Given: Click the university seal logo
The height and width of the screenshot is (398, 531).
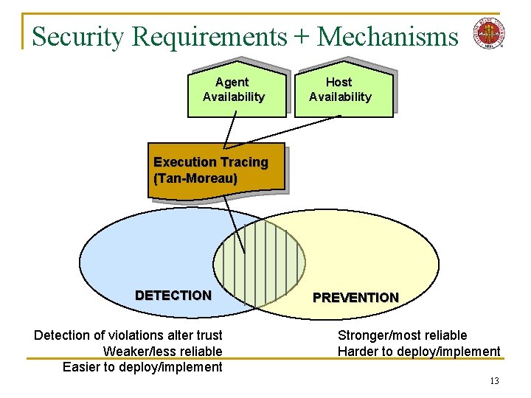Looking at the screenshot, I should tap(488, 33).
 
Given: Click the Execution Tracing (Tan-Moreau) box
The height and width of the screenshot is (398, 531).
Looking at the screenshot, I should tap(214, 171).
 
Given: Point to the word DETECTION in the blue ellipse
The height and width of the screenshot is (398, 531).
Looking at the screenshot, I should tap(173, 296).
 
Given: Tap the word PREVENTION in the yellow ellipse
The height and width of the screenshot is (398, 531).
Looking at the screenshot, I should tap(355, 298).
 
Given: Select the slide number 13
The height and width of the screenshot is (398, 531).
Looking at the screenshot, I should tap(494, 381).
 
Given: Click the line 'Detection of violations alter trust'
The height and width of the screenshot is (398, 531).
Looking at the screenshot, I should tap(128, 335).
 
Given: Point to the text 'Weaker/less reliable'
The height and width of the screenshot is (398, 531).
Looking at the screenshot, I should tap(162, 352).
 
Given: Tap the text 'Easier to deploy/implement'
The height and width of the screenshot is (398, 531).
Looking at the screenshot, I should tap(142, 367).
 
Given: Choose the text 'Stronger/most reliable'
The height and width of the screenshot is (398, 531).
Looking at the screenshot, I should tap(402, 335).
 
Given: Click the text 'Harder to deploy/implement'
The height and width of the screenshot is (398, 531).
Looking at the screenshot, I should tap(419, 352).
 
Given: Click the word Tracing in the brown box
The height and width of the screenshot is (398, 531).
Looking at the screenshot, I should tap(243, 162).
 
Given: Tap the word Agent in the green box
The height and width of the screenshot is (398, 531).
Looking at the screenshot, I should tap(232, 83).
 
